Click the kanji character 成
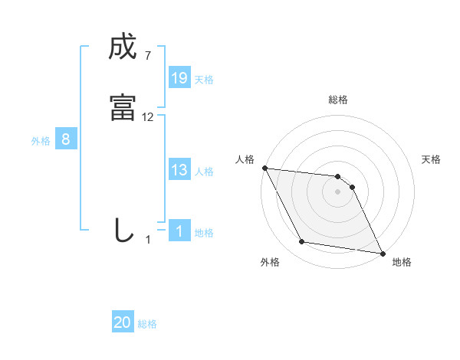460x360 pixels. coord(123,48)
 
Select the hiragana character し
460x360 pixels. coord(123,231)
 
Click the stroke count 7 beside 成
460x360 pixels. coord(147,55)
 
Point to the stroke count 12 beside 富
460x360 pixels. coord(148,117)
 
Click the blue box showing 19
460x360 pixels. coord(179,78)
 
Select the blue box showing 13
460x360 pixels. coord(179,170)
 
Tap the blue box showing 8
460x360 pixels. coord(66,139)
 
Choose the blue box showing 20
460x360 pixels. coord(123,323)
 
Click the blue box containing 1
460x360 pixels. coord(179,231)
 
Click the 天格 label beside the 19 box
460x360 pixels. coord(204,80)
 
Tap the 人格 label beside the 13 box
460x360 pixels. coord(204,172)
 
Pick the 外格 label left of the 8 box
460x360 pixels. coord(41,141)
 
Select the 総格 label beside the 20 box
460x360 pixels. coord(147,325)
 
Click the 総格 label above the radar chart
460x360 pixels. coord(338,100)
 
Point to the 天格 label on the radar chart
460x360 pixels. coord(432,159)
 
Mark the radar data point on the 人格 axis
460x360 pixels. coord(264,168)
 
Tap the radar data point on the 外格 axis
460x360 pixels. coord(302,242)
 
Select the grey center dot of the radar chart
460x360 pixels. coord(338,191)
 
